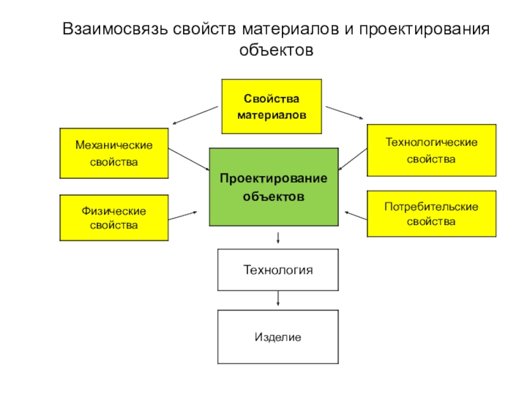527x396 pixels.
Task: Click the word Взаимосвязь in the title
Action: (x=115, y=29)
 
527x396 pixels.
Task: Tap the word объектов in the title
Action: (x=276, y=50)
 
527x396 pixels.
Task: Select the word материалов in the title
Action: (x=291, y=29)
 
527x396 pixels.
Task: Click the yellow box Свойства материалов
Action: (x=271, y=106)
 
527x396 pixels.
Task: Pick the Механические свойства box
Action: (x=114, y=153)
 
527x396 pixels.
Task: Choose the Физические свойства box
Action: (x=114, y=218)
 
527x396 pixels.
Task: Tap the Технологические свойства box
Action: (x=431, y=150)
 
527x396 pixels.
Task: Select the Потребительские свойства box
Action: (x=431, y=214)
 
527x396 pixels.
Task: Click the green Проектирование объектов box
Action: (x=274, y=187)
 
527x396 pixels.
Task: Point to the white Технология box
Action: (x=278, y=270)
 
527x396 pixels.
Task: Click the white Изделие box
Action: (x=278, y=337)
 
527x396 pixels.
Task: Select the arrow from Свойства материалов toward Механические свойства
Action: (x=195, y=115)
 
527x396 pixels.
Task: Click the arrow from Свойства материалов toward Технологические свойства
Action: (x=345, y=113)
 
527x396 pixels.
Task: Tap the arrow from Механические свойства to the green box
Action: (x=189, y=159)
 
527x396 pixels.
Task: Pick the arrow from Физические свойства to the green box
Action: (x=182, y=216)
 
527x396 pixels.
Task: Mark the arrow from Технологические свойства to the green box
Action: (x=352, y=159)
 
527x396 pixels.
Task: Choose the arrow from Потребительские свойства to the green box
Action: (x=356, y=216)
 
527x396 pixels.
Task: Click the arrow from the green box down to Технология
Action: (x=278, y=238)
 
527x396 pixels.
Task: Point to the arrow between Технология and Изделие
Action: (x=278, y=298)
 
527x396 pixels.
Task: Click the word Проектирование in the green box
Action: (x=273, y=178)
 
